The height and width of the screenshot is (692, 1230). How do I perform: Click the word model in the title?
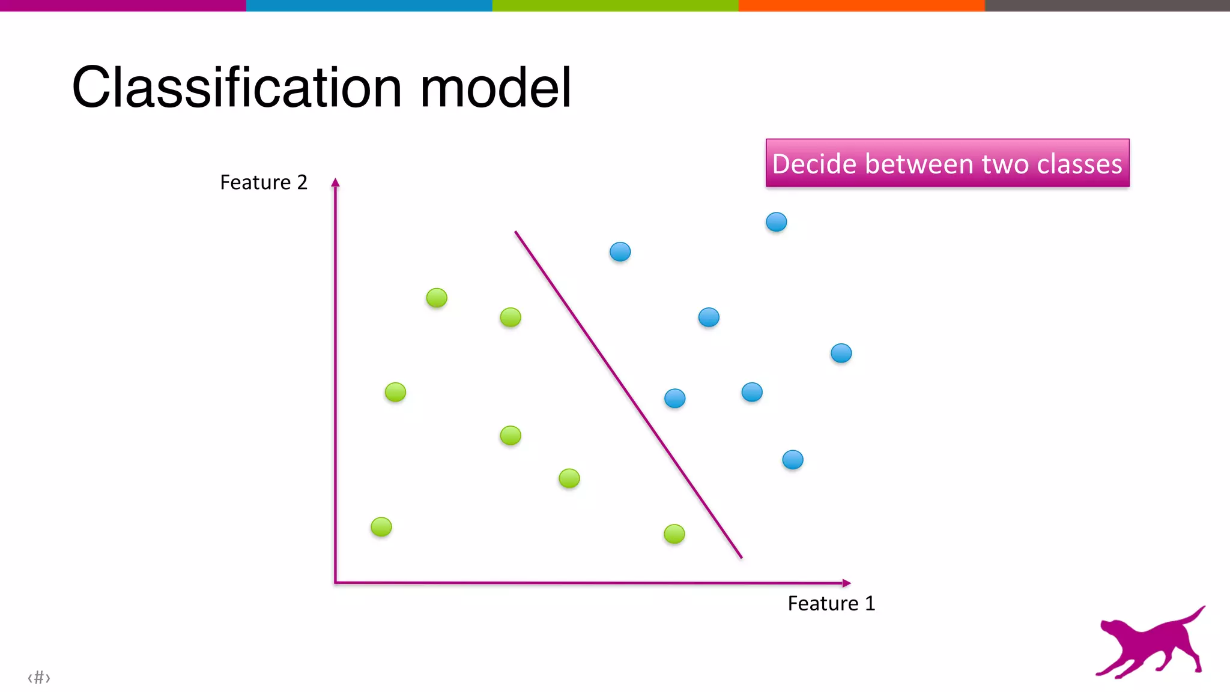[495, 88]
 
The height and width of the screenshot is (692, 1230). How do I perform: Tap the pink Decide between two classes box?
[947, 163]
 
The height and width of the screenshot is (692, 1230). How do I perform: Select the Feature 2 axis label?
[264, 182]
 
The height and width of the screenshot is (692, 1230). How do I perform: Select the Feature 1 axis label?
[831, 603]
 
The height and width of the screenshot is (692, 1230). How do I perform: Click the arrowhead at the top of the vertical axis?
[336, 182]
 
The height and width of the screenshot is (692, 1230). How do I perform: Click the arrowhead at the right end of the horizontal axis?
[846, 583]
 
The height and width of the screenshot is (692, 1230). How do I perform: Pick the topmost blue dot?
[777, 222]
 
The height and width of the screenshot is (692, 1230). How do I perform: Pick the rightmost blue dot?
[841, 353]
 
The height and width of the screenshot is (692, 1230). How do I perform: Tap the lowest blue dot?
[793, 460]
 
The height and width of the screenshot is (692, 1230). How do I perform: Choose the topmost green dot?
[437, 297]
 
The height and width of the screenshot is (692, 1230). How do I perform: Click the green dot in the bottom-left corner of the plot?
[381, 526]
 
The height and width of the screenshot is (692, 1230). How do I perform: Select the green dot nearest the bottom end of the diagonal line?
[674, 534]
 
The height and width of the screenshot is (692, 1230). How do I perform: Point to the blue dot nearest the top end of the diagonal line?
[620, 251]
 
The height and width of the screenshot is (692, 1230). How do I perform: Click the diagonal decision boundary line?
[628, 394]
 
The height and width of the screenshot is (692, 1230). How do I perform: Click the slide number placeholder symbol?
[39, 678]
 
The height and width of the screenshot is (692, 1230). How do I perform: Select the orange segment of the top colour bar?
[861, 5]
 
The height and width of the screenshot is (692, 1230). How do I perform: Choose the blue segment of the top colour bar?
[369, 5]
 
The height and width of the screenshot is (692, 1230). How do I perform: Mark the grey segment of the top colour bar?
[1107, 5]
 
